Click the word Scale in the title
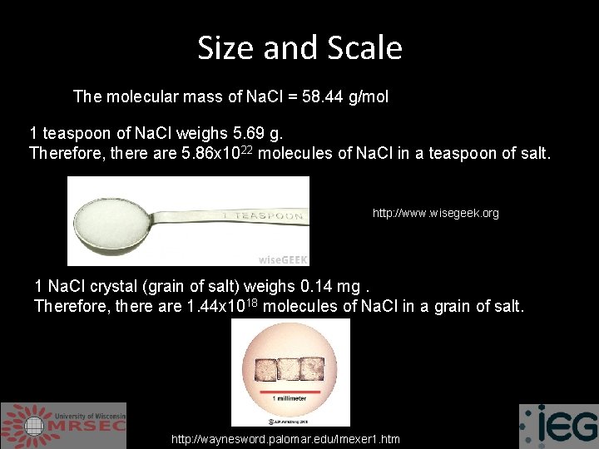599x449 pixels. [364, 48]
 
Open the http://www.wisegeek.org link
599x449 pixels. [435, 214]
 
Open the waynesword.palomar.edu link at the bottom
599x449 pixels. [285, 439]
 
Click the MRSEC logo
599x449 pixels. [63, 425]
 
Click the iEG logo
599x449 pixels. [558, 426]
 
